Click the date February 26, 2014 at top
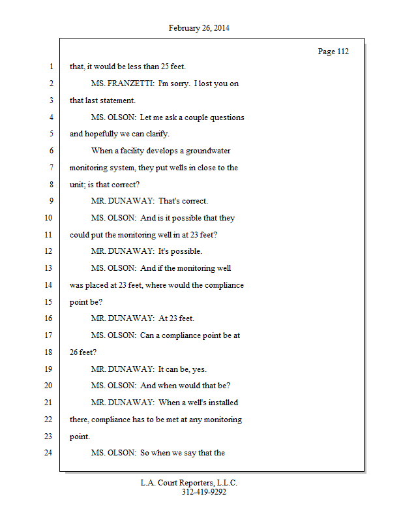(x=199, y=28)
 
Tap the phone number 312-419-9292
(x=203, y=492)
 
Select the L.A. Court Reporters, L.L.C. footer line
(x=189, y=483)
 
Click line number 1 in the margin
(x=50, y=67)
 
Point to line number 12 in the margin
(x=48, y=251)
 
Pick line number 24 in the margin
(x=48, y=452)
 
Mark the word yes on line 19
(x=200, y=369)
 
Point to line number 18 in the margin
(x=48, y=352)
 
